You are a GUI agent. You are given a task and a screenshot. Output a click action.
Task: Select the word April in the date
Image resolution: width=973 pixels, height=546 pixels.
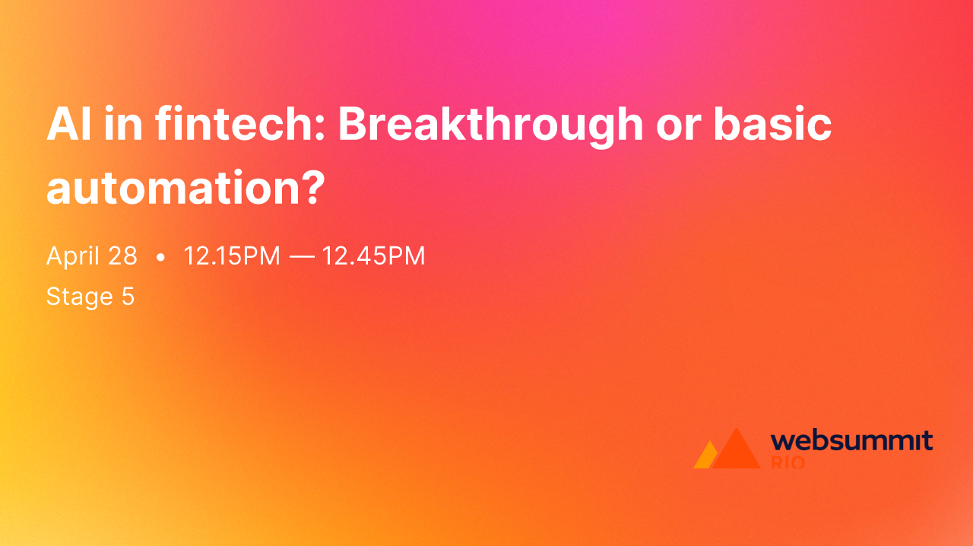click(73, 257)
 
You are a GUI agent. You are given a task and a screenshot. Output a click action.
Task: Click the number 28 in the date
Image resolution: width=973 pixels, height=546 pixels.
click(122, 256)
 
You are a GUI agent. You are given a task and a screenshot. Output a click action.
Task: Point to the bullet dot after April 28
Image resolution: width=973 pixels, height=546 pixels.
click(160, 258)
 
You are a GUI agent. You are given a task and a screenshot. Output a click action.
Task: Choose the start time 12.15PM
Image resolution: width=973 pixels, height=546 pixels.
click(232, 256)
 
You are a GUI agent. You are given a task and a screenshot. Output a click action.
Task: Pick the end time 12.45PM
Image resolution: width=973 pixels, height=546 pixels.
click(373, 256)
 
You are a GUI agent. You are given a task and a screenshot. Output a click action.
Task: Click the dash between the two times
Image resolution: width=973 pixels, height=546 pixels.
click(302, 257)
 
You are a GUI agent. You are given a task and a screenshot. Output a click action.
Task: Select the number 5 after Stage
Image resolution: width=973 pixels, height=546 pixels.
click(128, 297)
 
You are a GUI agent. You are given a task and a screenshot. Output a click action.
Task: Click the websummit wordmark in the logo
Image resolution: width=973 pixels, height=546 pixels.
click(851, 440)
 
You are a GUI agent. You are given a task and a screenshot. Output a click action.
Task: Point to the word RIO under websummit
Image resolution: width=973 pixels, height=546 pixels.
click(788, 462)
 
